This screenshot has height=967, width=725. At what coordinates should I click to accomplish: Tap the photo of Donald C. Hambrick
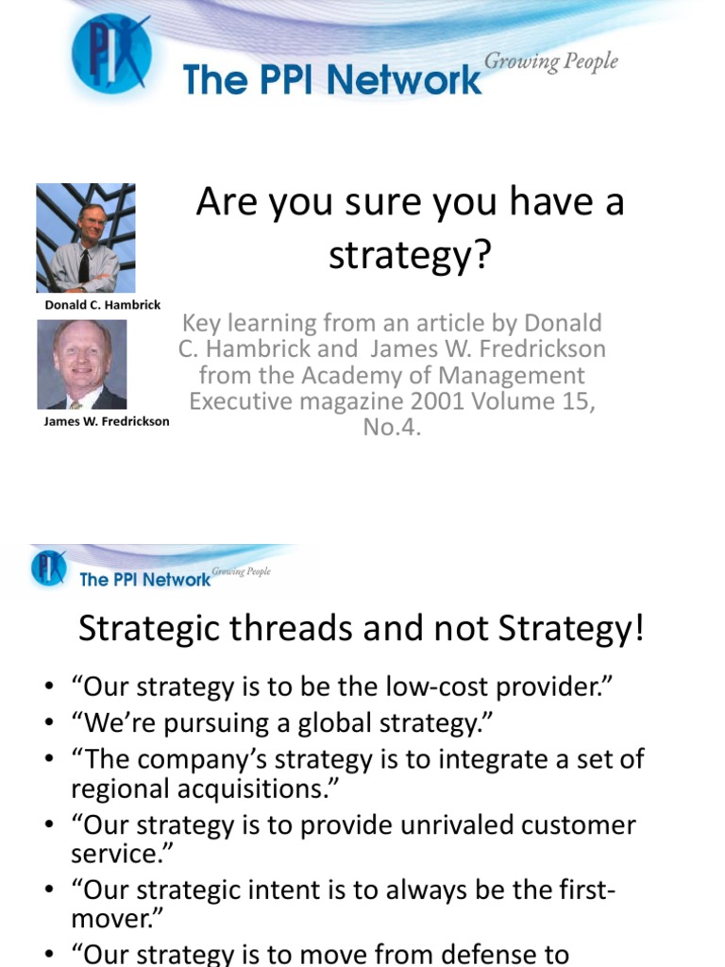pos(86,238)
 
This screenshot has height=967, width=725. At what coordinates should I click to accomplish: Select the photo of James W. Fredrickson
pos(81,365)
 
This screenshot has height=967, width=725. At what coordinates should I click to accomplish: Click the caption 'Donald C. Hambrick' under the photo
pos(103,305)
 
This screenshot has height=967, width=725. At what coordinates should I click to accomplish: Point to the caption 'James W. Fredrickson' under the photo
pos(107,421)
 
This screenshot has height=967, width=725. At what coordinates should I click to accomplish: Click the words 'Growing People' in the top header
pos(551,62)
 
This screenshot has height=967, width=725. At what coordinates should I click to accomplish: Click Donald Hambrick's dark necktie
pos(84,265)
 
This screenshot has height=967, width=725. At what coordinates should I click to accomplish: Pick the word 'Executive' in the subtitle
pos(245,400)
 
